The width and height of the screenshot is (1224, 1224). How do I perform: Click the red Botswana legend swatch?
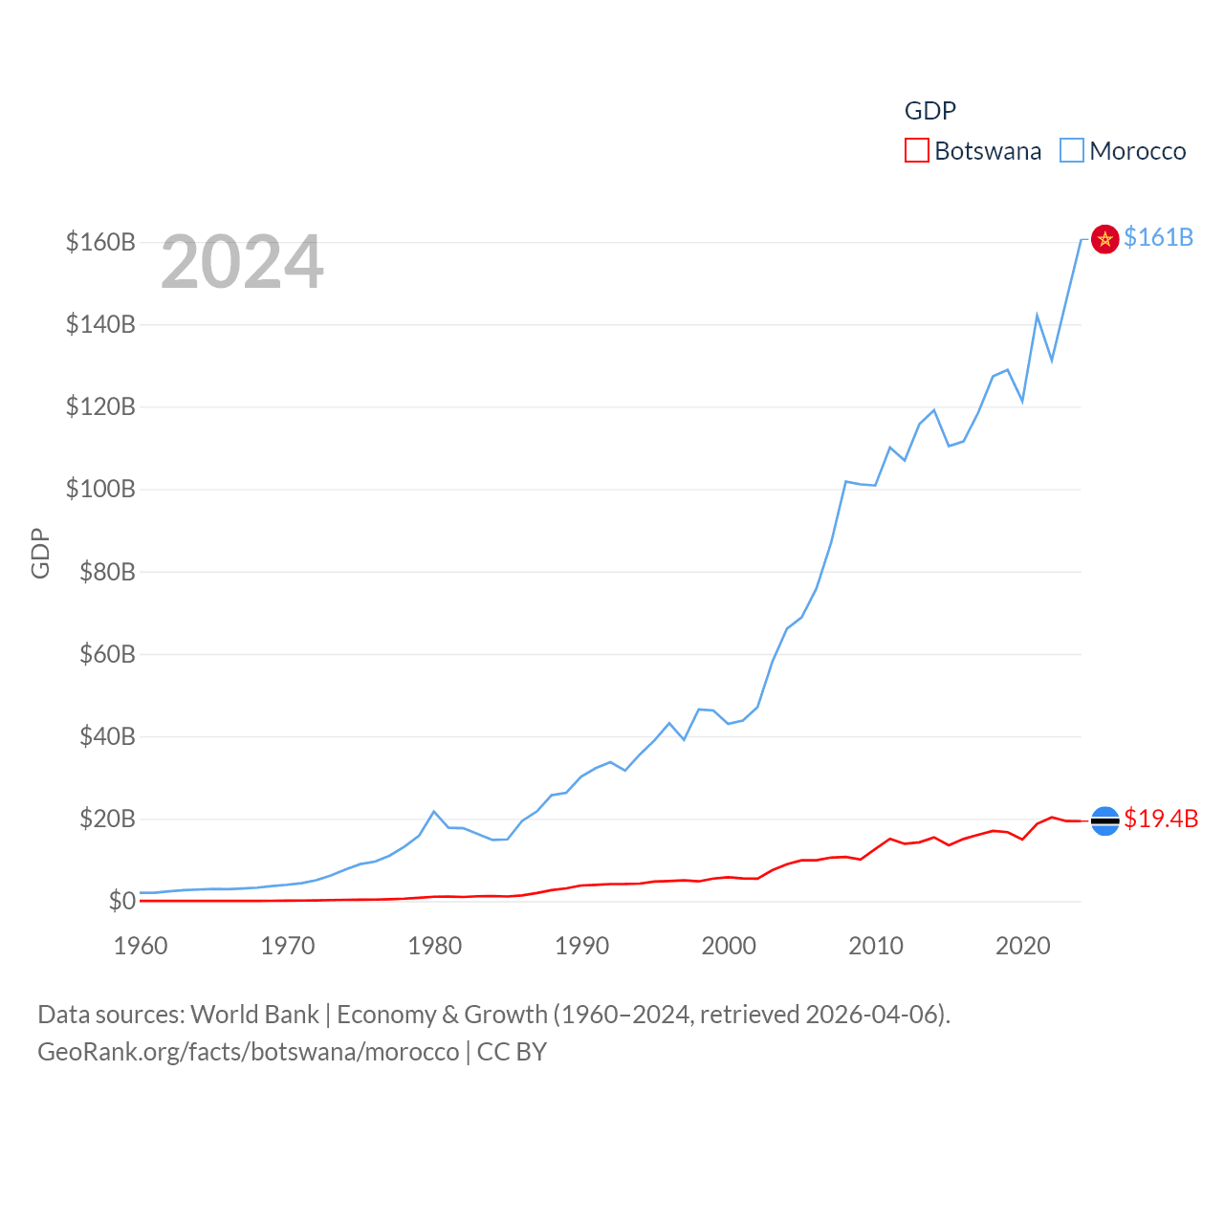click(x=916, y=151)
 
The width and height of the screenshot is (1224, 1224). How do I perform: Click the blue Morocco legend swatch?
click(x=1071, y=151)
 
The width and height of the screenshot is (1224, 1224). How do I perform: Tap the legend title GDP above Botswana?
click(x=929, y=111)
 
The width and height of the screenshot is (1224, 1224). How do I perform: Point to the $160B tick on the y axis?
click(x=100, y=242)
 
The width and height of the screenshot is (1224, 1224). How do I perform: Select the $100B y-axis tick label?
click(x=100, y=489)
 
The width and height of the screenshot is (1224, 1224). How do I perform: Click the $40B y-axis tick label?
click(x=107, y=736)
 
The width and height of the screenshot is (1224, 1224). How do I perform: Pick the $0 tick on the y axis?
click(x=121, y=901)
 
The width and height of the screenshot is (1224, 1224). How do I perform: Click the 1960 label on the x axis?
click(x=141, y=946)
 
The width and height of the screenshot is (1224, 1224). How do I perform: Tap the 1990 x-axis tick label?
click(x=581, y=946)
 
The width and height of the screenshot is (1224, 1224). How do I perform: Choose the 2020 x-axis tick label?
click(x=1022, y=946)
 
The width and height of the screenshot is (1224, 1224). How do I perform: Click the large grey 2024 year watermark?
click(x=242, y=262)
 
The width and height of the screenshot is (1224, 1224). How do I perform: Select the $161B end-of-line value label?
click(x=1158, y=237)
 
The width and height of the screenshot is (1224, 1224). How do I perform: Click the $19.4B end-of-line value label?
click(x=1160, y=819)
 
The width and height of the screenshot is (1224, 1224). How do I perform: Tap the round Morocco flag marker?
click(x=1104, y=239)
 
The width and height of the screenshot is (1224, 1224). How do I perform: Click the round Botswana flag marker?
click(x=1104, y=820)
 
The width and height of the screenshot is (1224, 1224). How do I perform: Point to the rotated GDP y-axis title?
click(x=40, y=553)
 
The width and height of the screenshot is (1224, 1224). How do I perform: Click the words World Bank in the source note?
click(x=254, y=1014)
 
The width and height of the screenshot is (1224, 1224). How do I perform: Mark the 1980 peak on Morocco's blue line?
click(x=434, y=811)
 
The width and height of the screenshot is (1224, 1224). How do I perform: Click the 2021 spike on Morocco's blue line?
click(x=1037, y=315)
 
